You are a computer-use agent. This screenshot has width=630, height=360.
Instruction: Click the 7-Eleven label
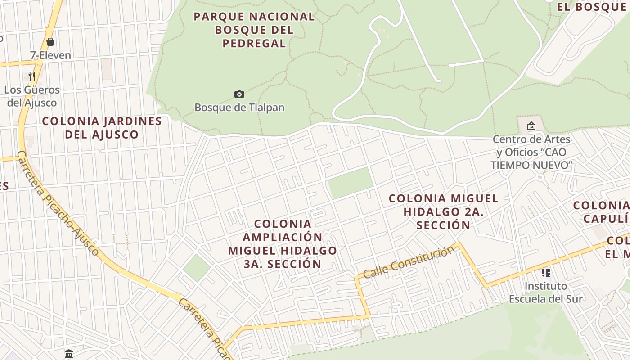[50, 55]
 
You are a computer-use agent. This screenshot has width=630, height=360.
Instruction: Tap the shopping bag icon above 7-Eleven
[50, 42]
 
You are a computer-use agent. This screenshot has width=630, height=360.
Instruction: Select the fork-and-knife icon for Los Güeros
[31, 76]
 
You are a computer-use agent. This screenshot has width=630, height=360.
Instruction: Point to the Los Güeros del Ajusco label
[32, 96]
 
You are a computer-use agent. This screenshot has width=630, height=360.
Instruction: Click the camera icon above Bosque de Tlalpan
[239, 94]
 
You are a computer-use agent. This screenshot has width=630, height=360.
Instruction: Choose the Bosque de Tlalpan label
[239, 108]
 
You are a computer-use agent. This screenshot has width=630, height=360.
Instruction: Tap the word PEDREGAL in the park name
[254, 44]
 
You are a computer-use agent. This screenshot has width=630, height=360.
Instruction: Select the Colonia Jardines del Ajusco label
[102, 128]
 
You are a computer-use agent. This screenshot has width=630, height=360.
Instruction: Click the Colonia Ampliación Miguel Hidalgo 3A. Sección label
[283, 244]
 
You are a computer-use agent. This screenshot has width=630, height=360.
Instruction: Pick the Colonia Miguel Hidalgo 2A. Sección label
[443, 211]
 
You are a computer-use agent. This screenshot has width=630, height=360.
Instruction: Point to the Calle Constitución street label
[409, 262]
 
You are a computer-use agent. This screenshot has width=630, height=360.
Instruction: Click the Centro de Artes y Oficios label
[531, 152]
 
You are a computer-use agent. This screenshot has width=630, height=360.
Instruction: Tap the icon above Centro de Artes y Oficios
[531, 126]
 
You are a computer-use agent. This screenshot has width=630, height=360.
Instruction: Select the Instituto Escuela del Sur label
[545, 292]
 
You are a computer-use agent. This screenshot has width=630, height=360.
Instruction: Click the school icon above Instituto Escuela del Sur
[546, 272]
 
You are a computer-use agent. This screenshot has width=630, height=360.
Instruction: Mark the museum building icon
[69, 354]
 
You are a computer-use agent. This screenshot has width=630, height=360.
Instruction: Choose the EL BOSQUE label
[591, 7]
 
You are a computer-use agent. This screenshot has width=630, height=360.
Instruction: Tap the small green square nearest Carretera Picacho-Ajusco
[197, 268]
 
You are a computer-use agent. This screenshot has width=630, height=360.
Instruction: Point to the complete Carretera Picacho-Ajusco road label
[58, 204]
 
